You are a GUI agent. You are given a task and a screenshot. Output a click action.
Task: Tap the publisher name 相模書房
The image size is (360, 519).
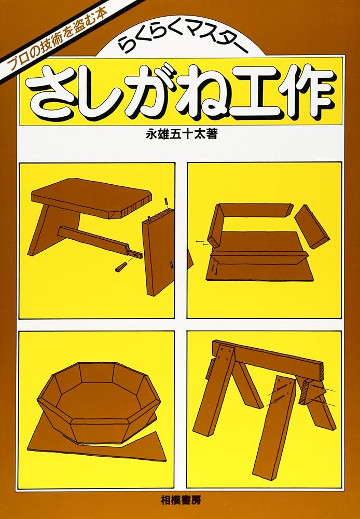click(180, 502)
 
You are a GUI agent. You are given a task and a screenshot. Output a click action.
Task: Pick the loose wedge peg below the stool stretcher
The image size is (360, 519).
click(121, 266)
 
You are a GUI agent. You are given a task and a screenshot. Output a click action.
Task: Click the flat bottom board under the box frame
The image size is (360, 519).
click(259, 270)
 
